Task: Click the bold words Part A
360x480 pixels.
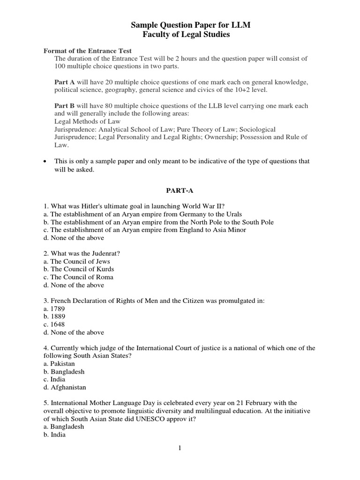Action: [x=64, y=82]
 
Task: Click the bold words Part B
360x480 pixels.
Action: [x=64, y=105]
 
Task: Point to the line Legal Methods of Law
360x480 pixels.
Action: [x=88, y=121]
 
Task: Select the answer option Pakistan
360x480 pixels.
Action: [x=63, y=364]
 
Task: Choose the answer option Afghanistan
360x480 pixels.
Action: [x=68, y=388]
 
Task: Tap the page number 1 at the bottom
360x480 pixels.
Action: [x=180, y=448]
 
